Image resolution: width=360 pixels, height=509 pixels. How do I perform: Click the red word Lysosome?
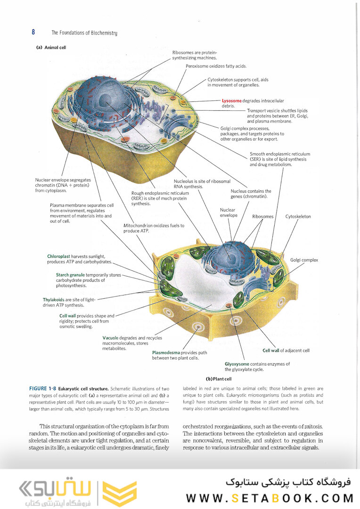click(x=231, y=101)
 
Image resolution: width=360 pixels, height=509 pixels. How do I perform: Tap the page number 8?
click(x=33, y=32)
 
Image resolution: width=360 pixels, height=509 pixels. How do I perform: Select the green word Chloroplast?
click(x=58, y=256)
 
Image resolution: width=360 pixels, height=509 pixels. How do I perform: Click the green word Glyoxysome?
click(x=237, y=364)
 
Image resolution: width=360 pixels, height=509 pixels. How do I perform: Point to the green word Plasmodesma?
click(x=166, y=353)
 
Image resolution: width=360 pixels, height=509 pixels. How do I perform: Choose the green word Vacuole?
click(x=110, y=338)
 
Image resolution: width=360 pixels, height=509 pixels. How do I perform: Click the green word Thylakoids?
click(x=54, y=300)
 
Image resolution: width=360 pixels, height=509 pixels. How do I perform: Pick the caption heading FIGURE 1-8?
click(x=42, y=388)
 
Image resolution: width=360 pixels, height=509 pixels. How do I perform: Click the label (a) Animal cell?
click(x=51, y=48)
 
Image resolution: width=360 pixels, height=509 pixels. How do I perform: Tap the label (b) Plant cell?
click(x=219, y=379)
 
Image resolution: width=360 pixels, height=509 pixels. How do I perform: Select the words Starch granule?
click(x=70, y=275)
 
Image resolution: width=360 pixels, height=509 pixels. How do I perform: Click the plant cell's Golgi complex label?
click(x=304, y=260)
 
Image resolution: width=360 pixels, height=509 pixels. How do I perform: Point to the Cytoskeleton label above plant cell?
click(x=298, y=216)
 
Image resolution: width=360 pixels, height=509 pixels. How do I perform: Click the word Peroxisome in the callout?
click(x=196, y=66)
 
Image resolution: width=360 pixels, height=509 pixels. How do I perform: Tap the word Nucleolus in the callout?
click(x=183, y=181)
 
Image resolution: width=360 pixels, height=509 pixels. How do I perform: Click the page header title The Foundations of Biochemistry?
click(x=84, y=33)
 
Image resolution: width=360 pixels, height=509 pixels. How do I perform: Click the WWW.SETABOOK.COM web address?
click(x=270, y=498)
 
